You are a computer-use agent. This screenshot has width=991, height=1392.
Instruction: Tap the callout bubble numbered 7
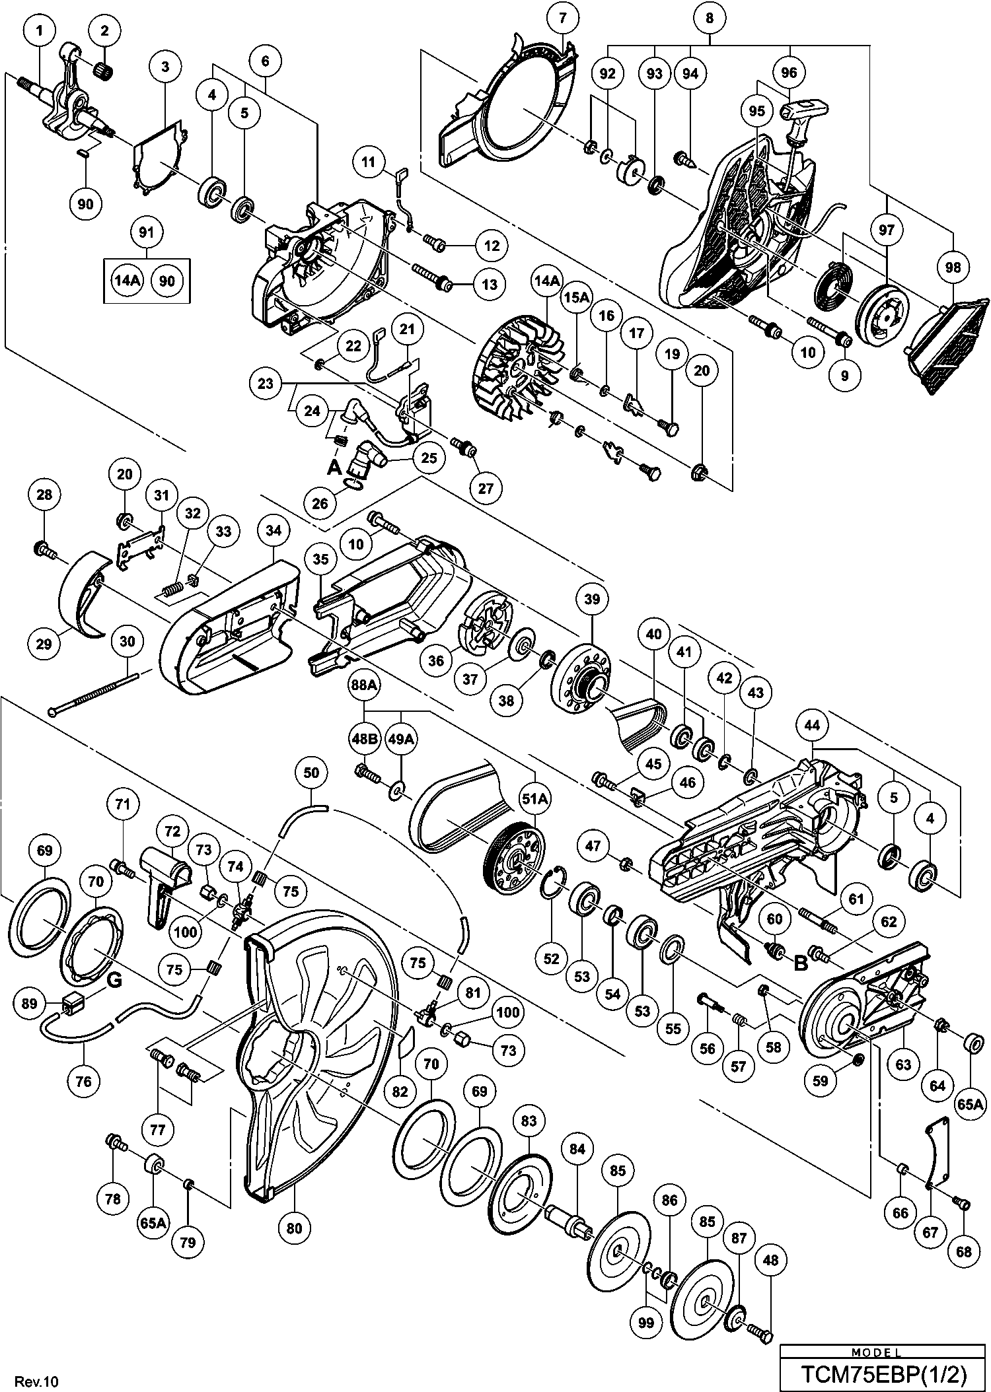[x=562, y=18]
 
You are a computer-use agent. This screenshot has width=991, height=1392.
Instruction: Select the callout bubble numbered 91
[x=147, y=232]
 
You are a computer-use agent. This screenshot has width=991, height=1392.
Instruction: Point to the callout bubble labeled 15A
[x=575, y=298]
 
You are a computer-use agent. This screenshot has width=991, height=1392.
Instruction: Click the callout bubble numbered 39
[x=591, y=598]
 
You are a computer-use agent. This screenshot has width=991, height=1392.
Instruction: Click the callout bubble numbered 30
[x=127, y=641]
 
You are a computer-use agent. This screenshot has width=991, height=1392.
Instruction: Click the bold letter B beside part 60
[x=800, y=963]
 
